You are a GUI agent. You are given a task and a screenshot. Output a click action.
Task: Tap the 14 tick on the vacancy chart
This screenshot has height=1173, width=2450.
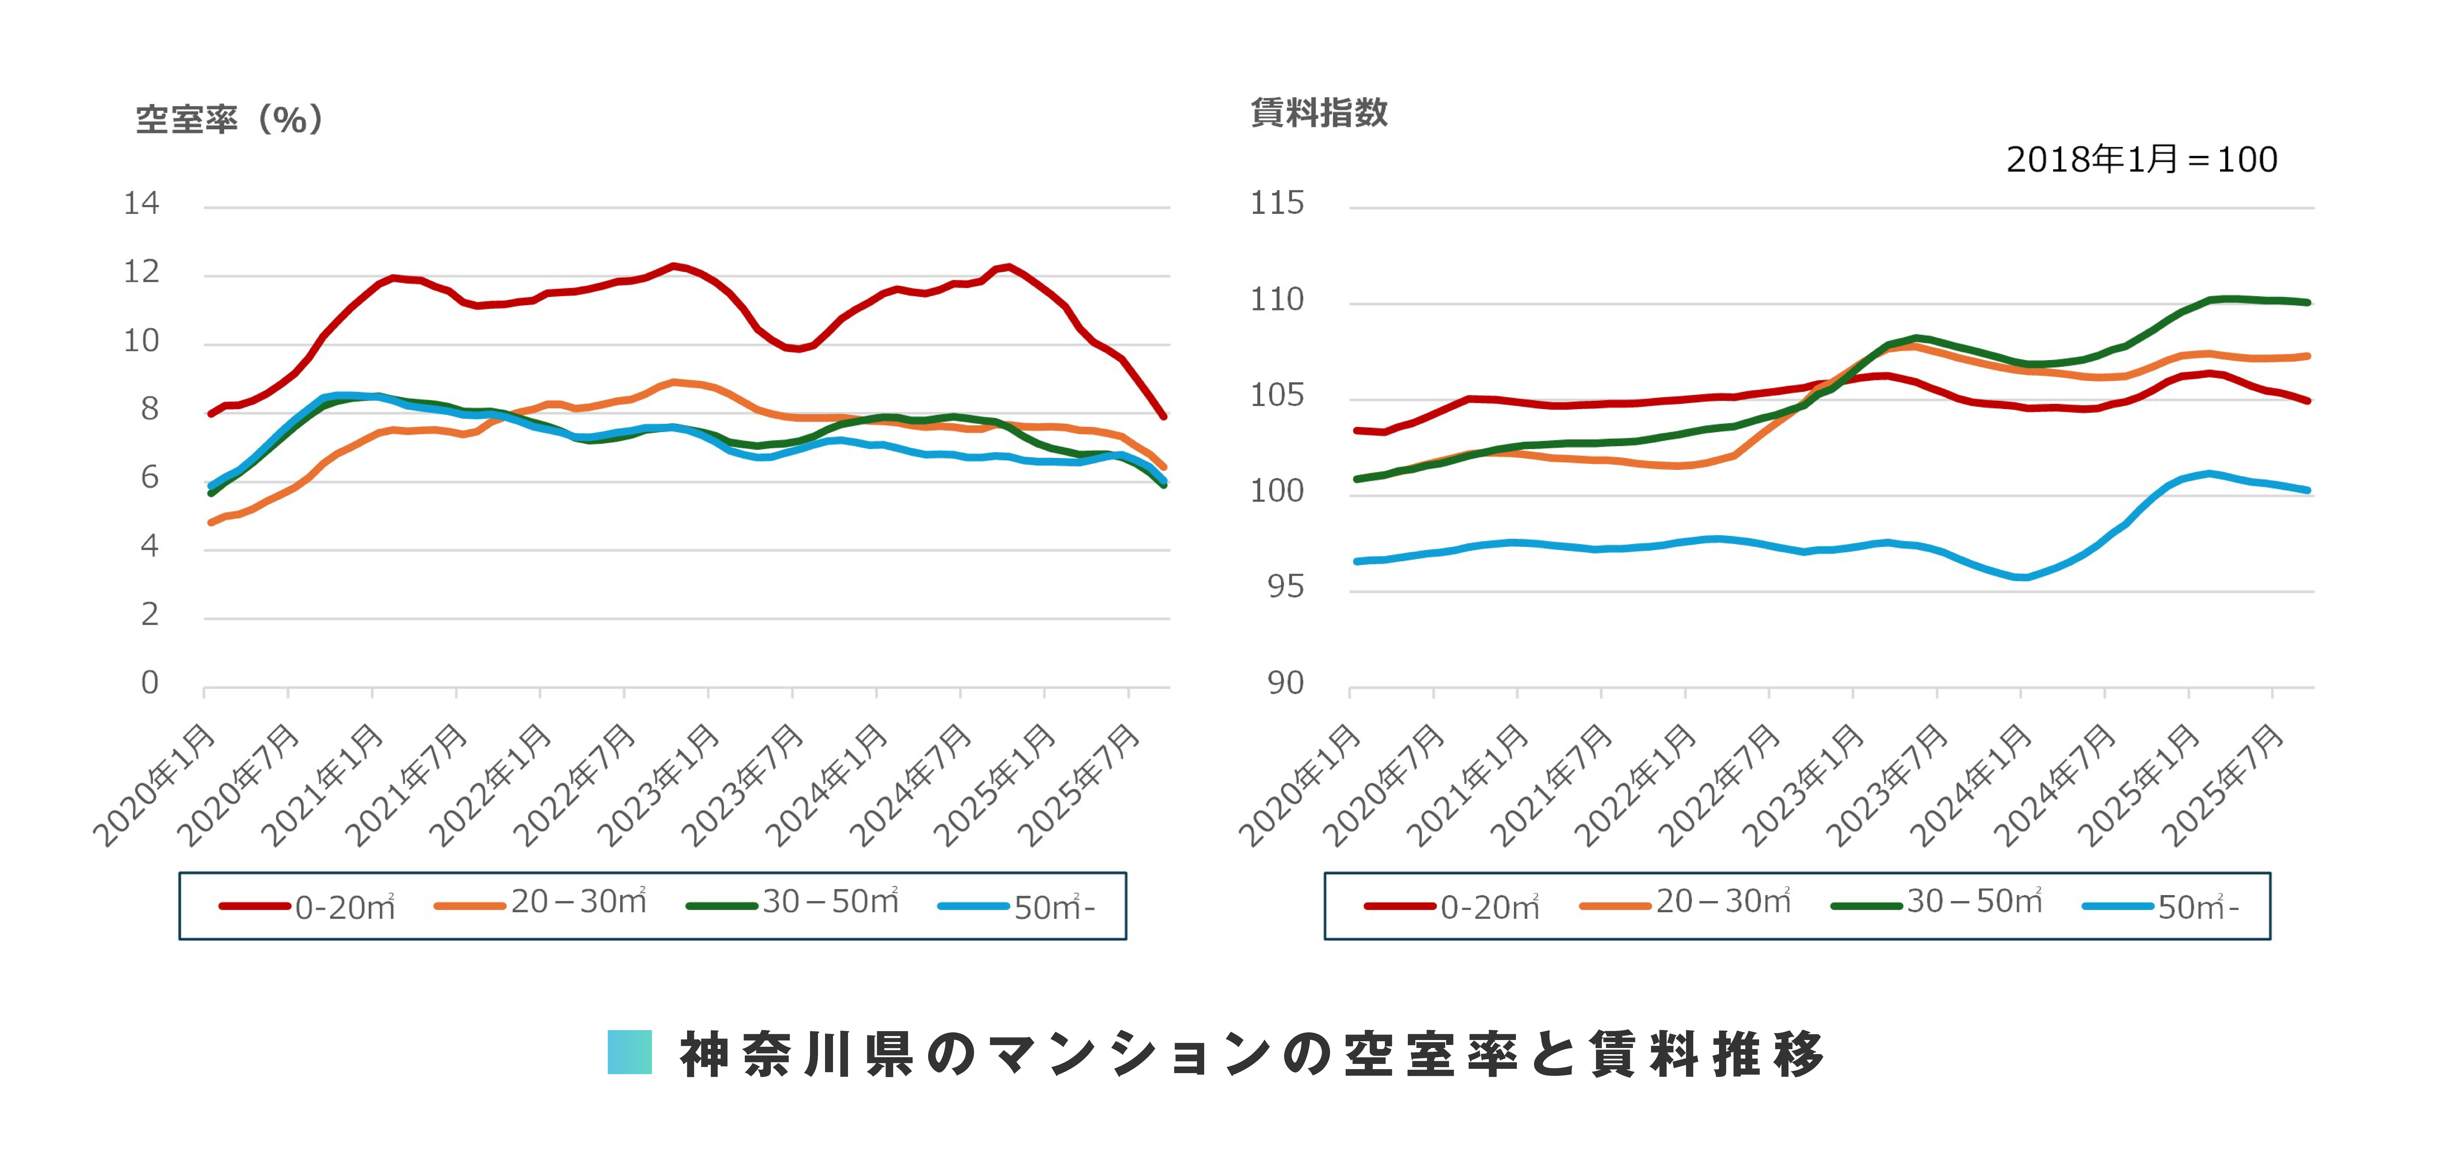(142, 203)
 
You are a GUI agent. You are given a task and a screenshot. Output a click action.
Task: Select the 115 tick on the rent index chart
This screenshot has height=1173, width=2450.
(1276, 203)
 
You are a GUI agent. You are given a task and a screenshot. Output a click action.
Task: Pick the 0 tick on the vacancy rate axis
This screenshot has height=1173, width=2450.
(149, 682)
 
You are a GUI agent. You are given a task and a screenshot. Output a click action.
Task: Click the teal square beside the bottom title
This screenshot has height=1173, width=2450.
(630, 1052)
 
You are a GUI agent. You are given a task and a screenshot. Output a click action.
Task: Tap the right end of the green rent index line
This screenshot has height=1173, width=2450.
(2307, 302)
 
